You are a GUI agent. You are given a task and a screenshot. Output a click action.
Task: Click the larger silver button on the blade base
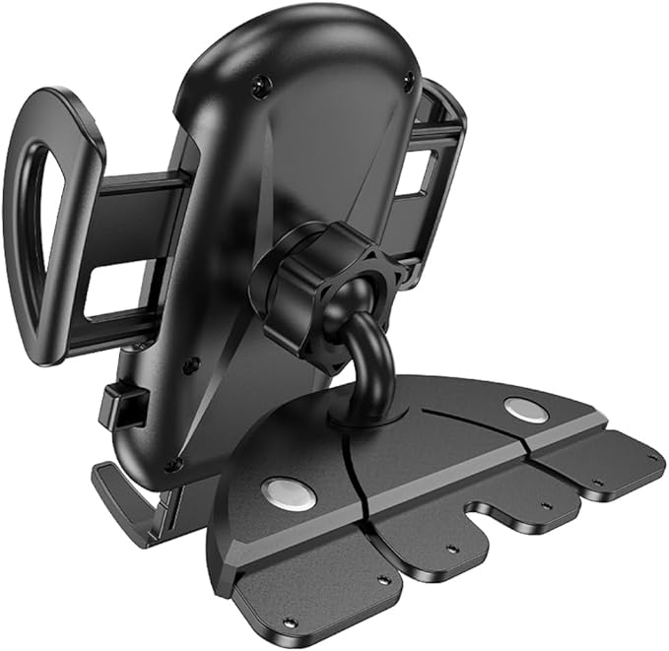289,493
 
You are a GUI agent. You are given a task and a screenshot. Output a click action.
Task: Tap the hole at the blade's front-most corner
288,621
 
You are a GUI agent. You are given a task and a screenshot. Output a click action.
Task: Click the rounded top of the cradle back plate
315,30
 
